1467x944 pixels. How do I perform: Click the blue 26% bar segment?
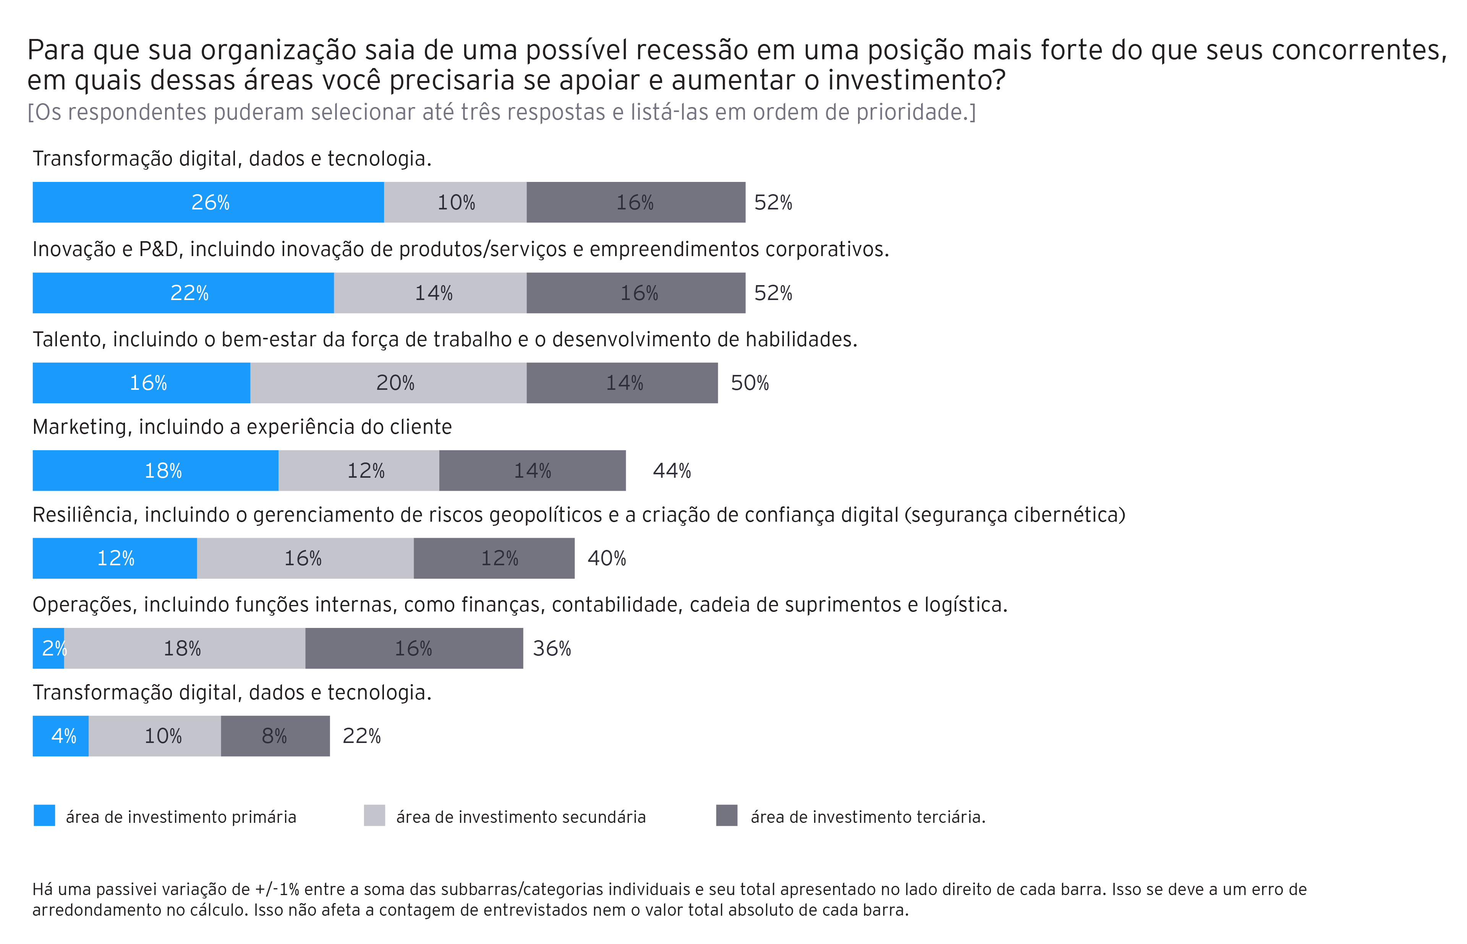point(208,202)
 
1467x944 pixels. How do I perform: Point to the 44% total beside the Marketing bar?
point(672,471)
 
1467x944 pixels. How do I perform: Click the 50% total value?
point(750,383)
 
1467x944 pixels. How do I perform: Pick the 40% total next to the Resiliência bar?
point(607,558)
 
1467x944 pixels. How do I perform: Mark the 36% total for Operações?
point(552,649)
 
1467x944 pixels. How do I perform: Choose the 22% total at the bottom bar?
point(361,736)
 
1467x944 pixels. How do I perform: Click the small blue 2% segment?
point(48,649)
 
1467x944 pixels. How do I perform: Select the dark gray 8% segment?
point(275,736)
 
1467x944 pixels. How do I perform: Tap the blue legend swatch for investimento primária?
point(44,816)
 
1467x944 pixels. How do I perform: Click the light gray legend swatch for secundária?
point(374,816)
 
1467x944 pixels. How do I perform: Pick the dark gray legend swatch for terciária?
point(727,816)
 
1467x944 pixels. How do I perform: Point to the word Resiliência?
point(83,515)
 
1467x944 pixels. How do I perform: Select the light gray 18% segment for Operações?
point(184,649)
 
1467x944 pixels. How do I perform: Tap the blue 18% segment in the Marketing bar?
point(155,471)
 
